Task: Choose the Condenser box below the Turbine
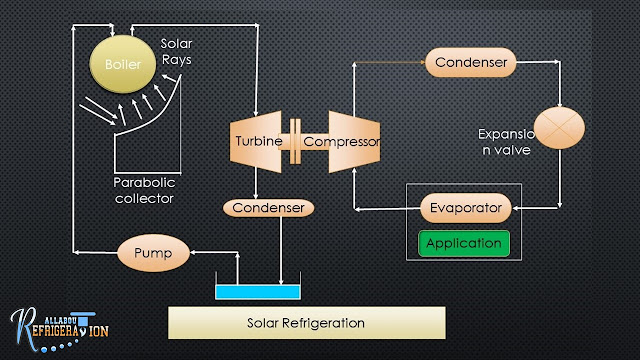pyautogui.click(x=268, y=208)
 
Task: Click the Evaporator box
pyautogui.click(x=465, y=208)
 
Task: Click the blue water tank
pyautogui.click(x=258, y=292)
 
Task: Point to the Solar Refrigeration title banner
pyautogui.click(x=305, y=323)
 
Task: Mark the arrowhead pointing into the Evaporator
pyautogui.click(x=516, y=208)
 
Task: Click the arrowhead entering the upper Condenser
pyautogui.click(x=423, y=63)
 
